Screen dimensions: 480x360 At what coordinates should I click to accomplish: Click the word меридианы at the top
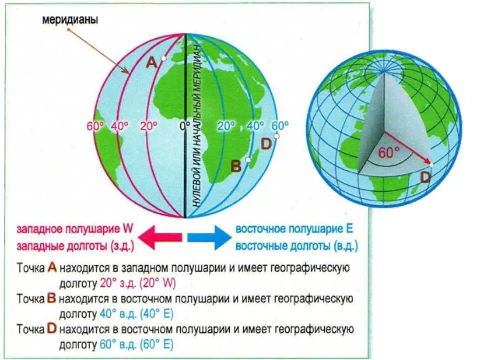[70, 21]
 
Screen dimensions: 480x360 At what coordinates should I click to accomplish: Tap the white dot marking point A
[164, 58]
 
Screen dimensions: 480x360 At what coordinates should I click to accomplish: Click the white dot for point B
[248, 160]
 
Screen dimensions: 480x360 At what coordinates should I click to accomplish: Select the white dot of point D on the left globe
[276, 136]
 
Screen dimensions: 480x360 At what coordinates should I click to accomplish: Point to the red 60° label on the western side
[94, 126]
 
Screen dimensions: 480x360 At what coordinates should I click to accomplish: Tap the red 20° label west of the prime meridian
[149, 126]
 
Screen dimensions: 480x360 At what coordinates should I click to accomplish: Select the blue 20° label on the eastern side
[226, 126]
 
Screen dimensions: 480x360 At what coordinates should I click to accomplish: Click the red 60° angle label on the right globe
[389, 153]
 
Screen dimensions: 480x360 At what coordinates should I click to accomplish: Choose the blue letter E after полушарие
[349, 229]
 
